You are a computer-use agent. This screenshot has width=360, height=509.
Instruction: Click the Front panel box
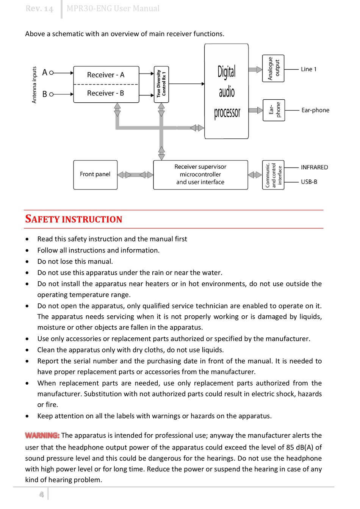click(x=95, y=174)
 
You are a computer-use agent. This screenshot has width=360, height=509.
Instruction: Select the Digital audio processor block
click(x=227, y=91)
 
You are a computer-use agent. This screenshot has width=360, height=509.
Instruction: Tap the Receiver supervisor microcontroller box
click(x=200, y=174)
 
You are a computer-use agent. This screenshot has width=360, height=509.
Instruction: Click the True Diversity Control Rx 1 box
click(x=161, y=84)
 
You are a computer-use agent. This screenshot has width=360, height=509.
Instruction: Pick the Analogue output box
click(x=273, y=68)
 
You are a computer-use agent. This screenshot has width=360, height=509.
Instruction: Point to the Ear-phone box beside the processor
click(x=274, y=110)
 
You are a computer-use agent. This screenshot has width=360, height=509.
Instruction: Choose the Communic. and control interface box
click(x=273, y=174)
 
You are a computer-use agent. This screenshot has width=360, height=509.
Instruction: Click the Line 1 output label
click(x=308, y=69)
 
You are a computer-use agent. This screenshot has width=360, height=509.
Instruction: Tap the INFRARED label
click(x=314, y=167)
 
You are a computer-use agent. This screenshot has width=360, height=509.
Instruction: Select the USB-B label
click(x=309, y=182)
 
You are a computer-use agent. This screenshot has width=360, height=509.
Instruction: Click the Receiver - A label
click(x=106, y=75)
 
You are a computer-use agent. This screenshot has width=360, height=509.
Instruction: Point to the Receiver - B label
click(x=106, y=93)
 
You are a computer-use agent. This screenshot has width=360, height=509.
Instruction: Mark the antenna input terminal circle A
click(x=52, y=72)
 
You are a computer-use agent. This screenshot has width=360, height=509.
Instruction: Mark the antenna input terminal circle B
click(x=52, y=94)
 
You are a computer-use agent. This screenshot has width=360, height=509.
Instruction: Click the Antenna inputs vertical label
click(x=34, y=85)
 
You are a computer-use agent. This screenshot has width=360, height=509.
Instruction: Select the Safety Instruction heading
click(x=74, y=219)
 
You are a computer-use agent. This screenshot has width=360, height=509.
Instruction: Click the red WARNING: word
click(x=42, y=435)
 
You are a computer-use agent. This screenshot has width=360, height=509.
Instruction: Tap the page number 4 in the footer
click(x=41, y=494)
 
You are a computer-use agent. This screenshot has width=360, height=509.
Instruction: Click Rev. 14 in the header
click(x=39, y=8)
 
